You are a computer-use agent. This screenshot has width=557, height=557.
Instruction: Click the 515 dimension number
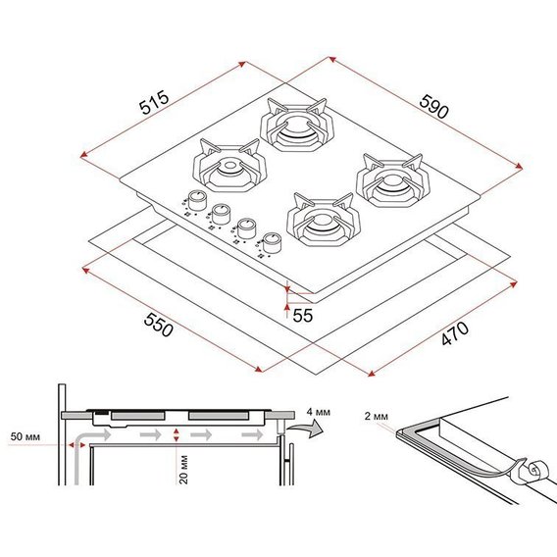click(x=154, y=102)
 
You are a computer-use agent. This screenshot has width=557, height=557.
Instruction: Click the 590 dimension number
click(x=433, y=107)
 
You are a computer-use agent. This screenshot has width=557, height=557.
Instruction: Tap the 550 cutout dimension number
click(x=159, y=325)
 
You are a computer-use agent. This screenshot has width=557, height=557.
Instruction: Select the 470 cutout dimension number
click(x=455, y=333)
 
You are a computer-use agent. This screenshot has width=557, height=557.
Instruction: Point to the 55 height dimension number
click(x=303, y=316)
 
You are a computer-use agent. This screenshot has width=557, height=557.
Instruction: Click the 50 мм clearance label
click(x=25, y=436)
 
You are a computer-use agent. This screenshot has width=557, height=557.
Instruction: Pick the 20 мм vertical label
click(x=183, y=469)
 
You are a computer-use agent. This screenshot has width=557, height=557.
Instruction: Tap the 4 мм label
click(x=319, y=412)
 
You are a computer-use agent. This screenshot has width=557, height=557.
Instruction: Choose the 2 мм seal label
click(x=377, y=416)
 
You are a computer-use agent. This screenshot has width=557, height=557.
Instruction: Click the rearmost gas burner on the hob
click(x=296, y=126)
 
